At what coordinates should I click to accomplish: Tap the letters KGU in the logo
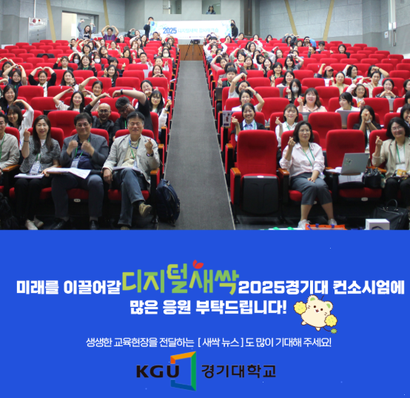click(156, 370)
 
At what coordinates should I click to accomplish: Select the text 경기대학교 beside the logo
click(238, 370)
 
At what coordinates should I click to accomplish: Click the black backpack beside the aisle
click(167, 202)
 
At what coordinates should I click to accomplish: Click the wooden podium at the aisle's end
click(192, 52)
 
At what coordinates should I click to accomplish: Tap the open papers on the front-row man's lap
click(68, 172)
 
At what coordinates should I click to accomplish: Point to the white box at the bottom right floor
click(377, 223)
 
